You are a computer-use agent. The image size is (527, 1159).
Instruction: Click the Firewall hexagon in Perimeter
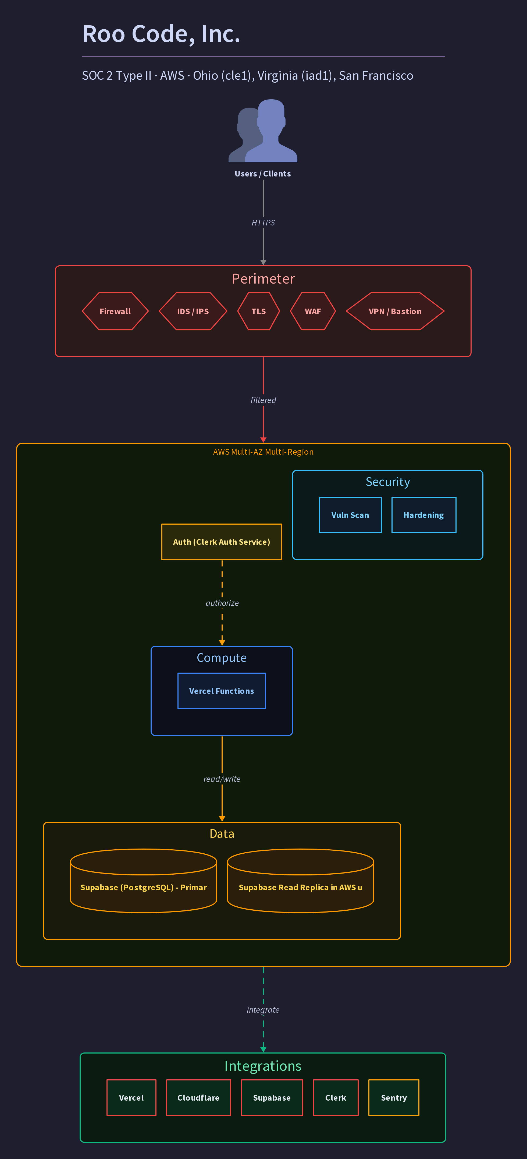point(115,311)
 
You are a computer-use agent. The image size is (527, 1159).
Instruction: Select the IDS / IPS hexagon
point(193,311)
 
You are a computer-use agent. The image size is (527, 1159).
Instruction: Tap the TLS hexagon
point(259,311)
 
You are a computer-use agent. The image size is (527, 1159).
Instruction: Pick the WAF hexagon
point(313,311)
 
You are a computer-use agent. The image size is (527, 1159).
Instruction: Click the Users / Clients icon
point(263,130)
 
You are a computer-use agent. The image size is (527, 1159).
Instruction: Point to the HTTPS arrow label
point(263,223)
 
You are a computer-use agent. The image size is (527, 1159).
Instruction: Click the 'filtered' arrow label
point(263,400)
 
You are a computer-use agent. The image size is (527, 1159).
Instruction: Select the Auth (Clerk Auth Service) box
point(222,542)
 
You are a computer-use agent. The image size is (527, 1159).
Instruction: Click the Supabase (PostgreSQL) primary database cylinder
point(143,881)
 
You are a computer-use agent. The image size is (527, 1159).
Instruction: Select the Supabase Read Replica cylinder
point(300,881)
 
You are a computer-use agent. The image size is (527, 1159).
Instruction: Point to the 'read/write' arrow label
point(222,779)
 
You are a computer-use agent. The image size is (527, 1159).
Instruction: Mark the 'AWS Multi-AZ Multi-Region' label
point(263,452)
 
